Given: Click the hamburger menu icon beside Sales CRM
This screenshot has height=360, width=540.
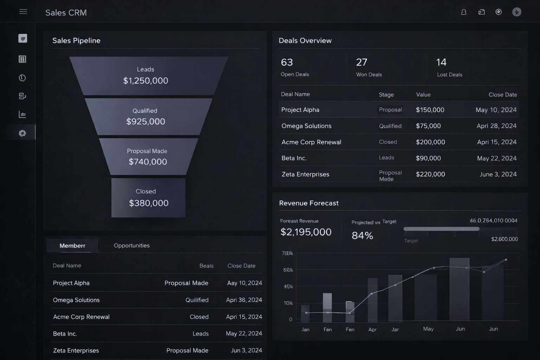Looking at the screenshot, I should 23,12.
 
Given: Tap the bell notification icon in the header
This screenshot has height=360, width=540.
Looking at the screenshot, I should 464,12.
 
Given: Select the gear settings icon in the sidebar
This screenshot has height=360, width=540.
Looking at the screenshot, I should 22,133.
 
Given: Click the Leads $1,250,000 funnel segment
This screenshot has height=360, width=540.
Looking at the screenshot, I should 146,76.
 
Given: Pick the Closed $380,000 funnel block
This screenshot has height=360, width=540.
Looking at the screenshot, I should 148,198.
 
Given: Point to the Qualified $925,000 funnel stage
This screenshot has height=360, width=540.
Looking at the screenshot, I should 146,117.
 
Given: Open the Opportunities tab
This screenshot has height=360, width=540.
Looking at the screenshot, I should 131,245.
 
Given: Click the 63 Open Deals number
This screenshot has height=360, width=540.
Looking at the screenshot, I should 287,62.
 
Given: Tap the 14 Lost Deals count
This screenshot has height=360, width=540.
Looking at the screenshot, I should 441,62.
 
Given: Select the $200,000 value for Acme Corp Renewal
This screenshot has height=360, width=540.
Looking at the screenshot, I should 430,142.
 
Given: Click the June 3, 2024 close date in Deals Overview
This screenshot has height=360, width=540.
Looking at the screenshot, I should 498,174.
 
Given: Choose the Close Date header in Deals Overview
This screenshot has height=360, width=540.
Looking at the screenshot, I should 503,95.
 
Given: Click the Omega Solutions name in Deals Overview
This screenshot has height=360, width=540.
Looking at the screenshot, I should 306,126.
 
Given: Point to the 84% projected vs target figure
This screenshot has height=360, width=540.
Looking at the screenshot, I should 362,236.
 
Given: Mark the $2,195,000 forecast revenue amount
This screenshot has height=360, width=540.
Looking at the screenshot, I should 306,232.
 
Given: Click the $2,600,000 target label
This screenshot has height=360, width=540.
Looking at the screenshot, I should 504,239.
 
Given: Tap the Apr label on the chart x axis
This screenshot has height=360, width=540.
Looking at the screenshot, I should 372,329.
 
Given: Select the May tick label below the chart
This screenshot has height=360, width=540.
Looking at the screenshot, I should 428,329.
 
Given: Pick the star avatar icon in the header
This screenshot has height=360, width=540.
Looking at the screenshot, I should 516,12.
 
